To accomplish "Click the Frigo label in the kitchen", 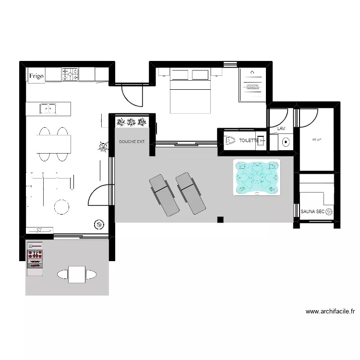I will click(36, 76).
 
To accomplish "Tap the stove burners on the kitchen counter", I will click(70, 74).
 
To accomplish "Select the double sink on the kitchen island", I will click(48, 109).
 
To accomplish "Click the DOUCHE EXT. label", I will click(132, 142).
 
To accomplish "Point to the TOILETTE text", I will click(249, 141).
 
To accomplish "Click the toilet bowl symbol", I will click(229, 141).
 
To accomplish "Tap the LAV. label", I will click(281, 129).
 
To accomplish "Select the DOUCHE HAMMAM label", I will click(252, 87).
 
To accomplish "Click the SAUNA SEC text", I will click(312, 211).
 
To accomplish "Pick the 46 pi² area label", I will click(316, 140).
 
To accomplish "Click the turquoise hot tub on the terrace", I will click(256, 177).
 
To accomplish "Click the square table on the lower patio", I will click(77, 274).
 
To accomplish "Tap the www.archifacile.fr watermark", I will click(330, 312).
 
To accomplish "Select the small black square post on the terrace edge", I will click(220, 220).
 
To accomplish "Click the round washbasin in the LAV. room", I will click(286, 142).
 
